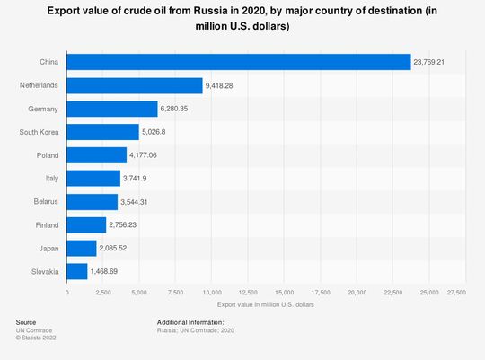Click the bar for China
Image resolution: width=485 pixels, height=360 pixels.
click(239, 62)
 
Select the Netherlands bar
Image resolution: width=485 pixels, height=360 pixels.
click(135, 85)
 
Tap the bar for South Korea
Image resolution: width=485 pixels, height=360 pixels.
click(103, 132)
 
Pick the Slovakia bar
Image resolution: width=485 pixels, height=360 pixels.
click(77, 270)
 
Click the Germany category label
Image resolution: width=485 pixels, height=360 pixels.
click(45, 109)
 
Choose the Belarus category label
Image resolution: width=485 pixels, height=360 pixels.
click(47, 201)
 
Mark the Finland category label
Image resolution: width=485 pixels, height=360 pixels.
click(47, 224)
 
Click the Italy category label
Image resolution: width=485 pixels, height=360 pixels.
click(51, 178)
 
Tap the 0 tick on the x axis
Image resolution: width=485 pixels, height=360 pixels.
click(67, 293)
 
